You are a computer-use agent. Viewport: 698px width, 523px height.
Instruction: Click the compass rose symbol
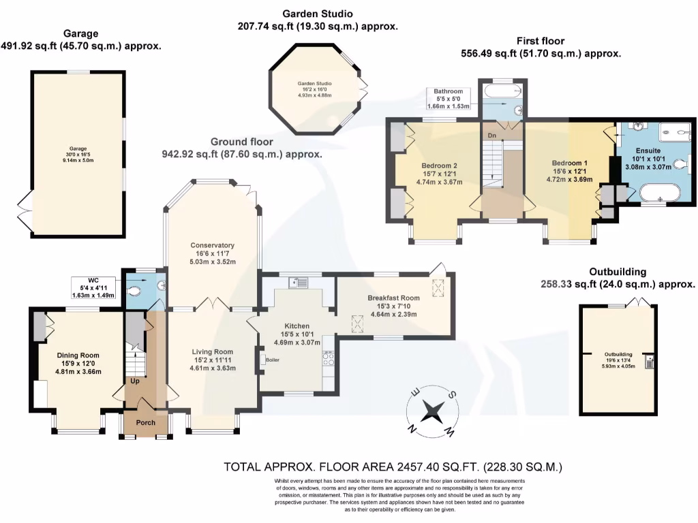[x=431, y=411]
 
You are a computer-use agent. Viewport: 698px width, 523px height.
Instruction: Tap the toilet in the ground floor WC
[x=134, y=291]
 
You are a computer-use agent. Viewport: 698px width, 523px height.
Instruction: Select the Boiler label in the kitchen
[x=273, y=360]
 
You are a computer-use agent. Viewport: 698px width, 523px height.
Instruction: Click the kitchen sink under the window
[x=298, y=283]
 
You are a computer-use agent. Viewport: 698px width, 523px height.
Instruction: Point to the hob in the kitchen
[x=329, y=359]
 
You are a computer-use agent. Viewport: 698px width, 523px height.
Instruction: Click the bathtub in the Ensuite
[x=660, y=194]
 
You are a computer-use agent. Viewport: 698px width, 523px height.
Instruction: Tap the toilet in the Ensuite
[x=681, y=165]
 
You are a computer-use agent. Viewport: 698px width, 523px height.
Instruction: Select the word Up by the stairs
[x=135, y=381]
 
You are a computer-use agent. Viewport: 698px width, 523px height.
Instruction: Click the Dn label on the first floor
[x=492, y=136]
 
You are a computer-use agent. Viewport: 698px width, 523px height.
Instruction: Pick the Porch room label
[x=146, y=422]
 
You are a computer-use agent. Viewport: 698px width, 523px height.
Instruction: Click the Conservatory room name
[x=213, y=245]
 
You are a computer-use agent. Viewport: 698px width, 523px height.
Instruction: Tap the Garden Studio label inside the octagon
[x=315, y=84]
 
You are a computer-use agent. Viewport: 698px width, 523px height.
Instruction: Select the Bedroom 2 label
[x=440, y=166]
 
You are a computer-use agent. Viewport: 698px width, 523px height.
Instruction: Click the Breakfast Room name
[x=393, y=298]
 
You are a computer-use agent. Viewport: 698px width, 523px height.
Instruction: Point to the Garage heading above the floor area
[x=80, y=33]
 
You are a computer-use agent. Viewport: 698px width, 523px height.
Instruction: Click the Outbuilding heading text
[x=618, y=272]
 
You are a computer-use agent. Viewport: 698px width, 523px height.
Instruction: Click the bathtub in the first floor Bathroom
[x=502, y=93]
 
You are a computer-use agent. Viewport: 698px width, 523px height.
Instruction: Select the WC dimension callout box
[x=93, y=288]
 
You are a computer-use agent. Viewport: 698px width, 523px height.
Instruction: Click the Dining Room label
[x=78, y=355]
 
